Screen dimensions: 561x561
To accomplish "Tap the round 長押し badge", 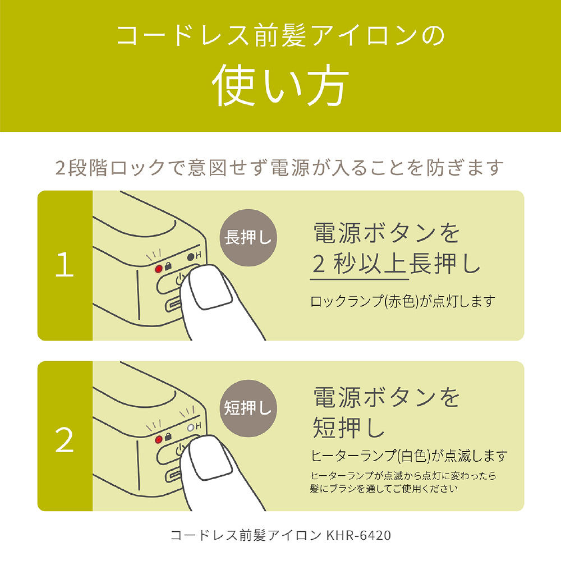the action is coord(248,238).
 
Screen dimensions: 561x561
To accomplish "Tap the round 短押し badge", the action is coord(248,408).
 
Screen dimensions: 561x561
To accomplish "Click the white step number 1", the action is coord(65,264).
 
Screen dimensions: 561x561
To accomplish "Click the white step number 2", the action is coord(65,440).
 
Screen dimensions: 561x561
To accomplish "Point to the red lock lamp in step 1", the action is coord(159,268).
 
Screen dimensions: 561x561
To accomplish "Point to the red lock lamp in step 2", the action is coord(159,439).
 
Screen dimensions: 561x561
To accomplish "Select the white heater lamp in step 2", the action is coord(191,427).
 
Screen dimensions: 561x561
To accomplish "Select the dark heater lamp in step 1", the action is coord(191,256).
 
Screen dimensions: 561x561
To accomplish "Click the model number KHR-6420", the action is coord(358,536).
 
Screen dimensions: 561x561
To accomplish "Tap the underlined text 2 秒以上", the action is coord(359,264).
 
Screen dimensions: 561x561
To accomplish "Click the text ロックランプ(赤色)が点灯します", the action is coord(403,302).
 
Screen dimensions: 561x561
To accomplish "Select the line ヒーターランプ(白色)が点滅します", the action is coord(409,456).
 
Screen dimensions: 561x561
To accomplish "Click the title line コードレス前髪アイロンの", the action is coord(280,36).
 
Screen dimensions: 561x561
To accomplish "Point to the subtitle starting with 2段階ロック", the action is coord(280,167).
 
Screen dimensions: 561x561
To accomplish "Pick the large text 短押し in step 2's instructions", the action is coord(349,427).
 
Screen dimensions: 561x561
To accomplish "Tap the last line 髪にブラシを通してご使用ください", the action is coord(384,489).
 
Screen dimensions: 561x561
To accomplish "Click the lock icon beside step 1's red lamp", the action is coord(167,266).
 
